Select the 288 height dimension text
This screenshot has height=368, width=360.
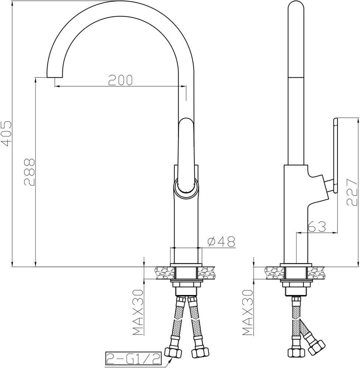pos(30,172)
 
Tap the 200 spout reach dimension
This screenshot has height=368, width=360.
pos(120,80)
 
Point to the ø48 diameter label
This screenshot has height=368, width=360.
pos(221,242)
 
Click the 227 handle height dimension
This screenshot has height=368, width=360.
pos(352,192)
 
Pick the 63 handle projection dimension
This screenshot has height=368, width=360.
pos(317,227)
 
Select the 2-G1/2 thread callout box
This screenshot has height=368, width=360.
pos(133,358)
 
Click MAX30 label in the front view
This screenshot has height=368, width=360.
pos(138,312)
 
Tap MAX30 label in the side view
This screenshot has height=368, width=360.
pos(247,312)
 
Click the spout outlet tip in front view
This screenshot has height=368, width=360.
pos(55,77)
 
